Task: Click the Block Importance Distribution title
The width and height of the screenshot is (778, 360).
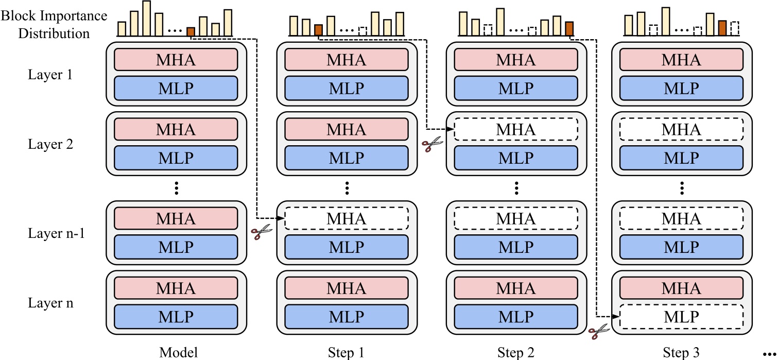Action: pyautogui.click(x=54, y=24)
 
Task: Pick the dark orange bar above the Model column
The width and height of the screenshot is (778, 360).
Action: pyautogui.click(x=191, y=32)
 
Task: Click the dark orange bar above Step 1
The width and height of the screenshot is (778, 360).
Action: pyautogui.click(x=318, y=30)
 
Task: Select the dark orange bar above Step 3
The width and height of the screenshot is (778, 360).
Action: pyautogui.click(x=722, y=28)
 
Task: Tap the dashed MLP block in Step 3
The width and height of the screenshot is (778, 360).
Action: pyautogui.click(x=681, y=316)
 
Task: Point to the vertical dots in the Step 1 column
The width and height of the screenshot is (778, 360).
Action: pyautogui.click(x=346, y=188)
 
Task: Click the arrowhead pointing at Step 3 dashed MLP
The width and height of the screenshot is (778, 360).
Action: pyautogui.click(x=616, y=316)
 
